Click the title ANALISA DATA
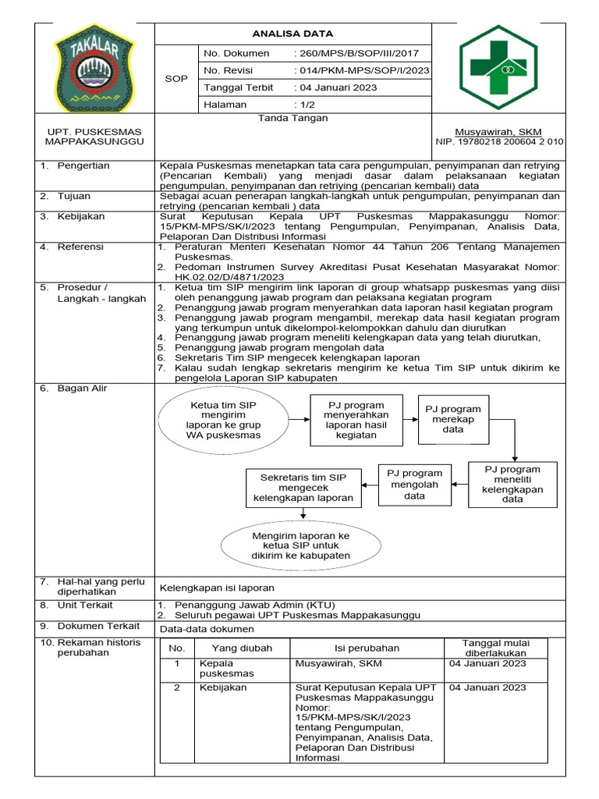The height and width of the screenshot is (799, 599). pyautogui.click(x=292, y=34)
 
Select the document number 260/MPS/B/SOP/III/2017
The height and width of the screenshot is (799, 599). pyautogui.click(x=356, y=53)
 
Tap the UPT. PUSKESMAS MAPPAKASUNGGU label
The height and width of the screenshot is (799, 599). pyautogui.click(x=94, y=137)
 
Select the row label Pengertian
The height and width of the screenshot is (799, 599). pyautogui.click(x=83, y=166)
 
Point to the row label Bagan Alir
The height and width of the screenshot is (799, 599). pyautogui.click(x=82, y=389)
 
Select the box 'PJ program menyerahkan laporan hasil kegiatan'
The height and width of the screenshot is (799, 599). pyautogui.click(x=356, y=420)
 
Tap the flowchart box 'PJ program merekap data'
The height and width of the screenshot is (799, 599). pyautogui.click(x=452, y=419)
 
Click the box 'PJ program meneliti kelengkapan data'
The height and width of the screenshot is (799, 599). pyautogui.click(x=512, y=485)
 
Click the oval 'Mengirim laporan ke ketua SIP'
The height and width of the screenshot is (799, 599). pyautogui.click(x=300, y=545)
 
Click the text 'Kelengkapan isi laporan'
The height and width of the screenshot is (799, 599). pyautogui.click(x=217, y=588)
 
